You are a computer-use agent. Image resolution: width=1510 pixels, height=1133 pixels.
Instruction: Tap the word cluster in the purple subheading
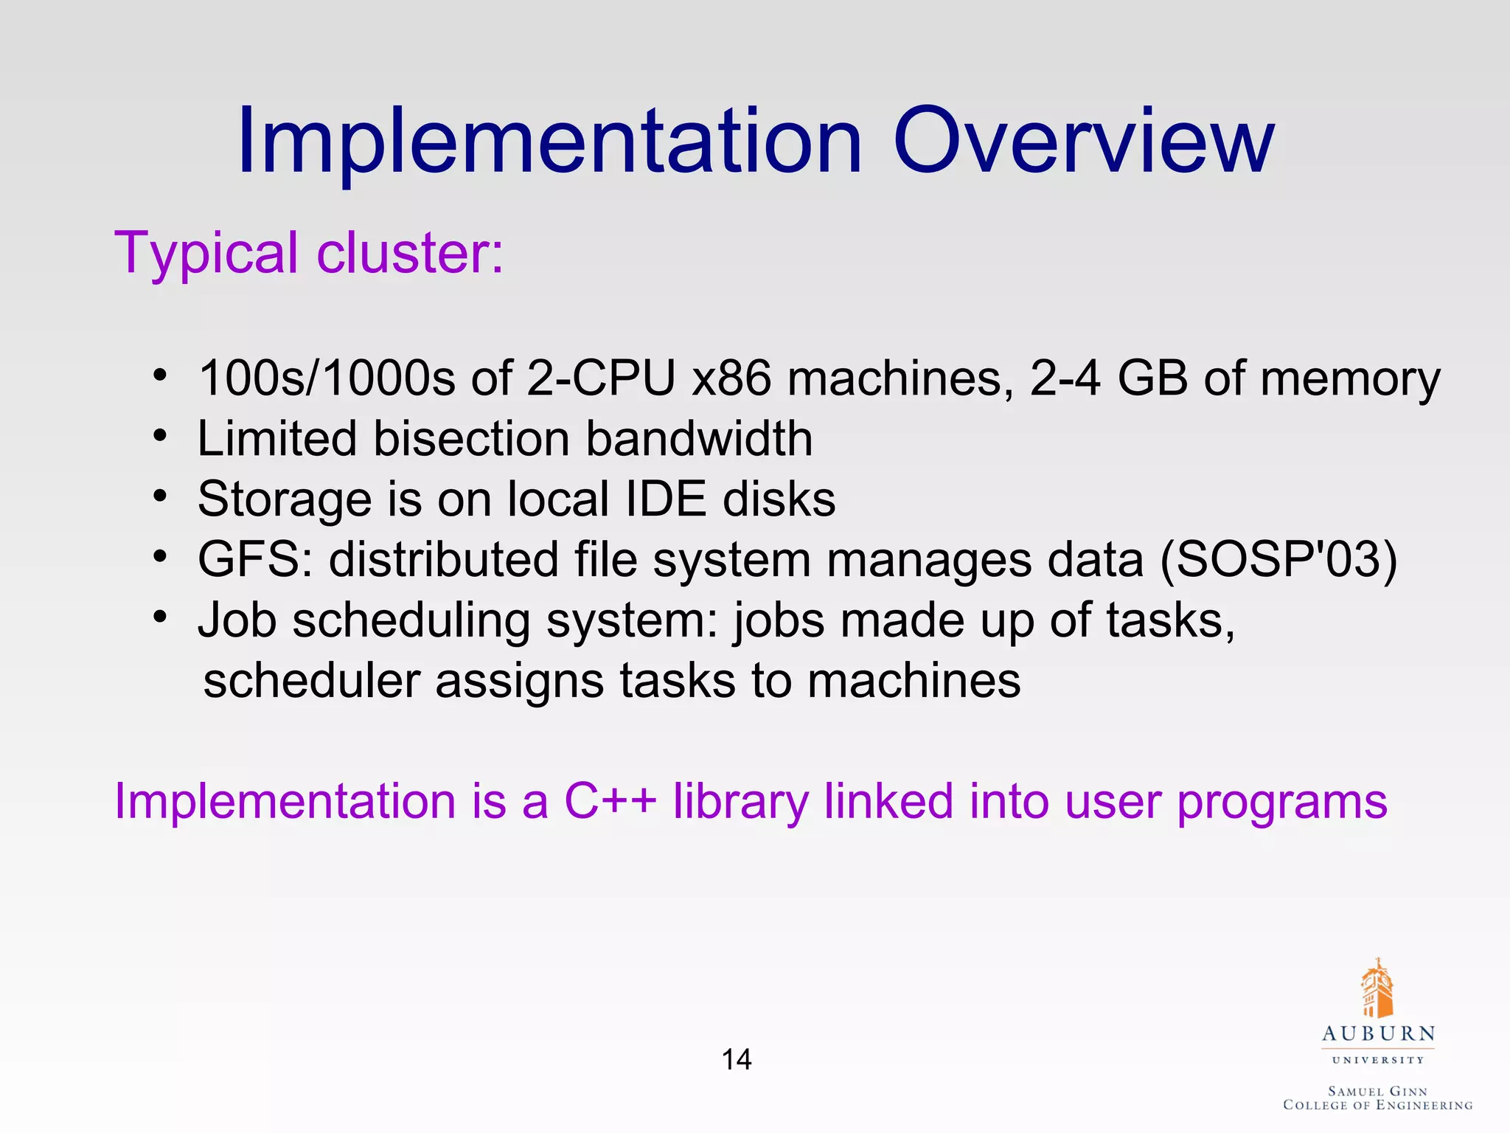[x=410, y=253]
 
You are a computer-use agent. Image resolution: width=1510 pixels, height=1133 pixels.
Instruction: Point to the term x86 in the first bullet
[x=731, y=378]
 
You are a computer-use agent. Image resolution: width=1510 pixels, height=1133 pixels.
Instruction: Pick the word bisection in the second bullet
[x=471, y=439]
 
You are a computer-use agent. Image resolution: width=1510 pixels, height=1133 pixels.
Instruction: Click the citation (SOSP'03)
[x=1278, y=559]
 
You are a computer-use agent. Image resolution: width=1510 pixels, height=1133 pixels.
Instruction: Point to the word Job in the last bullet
[x=237, y=620]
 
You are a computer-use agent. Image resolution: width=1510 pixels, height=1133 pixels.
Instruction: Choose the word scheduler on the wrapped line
[x=311, y=680]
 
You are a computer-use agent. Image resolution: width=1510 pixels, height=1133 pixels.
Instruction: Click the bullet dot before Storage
[x=161, y=496]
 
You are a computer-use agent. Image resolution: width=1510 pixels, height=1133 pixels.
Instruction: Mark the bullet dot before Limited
[x=161, y=435]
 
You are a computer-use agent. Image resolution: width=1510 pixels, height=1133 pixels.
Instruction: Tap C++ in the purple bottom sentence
[x=610, y=801]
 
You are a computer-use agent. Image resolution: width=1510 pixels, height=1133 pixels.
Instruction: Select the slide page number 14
[x=737, y=1060]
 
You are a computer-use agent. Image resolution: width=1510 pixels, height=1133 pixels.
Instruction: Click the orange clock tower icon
[x=1377, y=988]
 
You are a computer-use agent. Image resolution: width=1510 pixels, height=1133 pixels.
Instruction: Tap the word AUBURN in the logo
[x=1378, y=1034]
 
